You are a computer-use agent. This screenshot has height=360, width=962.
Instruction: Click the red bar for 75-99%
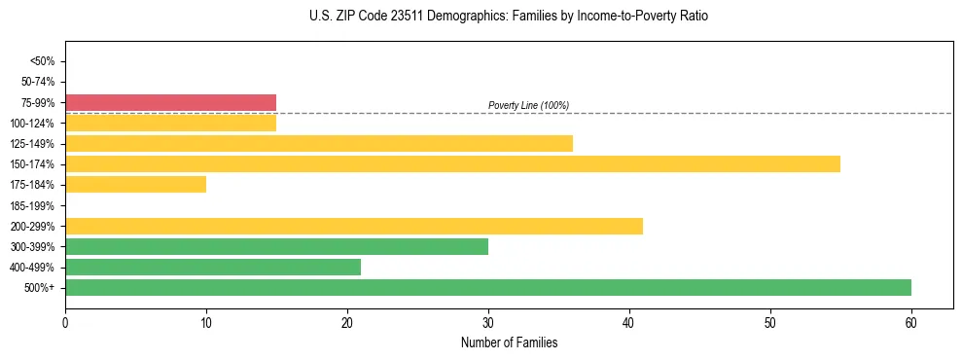tap(170, 102)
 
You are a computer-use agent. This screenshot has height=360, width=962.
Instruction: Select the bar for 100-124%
tap(170, 123)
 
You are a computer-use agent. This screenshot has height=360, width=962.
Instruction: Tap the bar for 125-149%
tap(318, 143)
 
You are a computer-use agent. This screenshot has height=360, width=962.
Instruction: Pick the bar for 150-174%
tap(452, 163)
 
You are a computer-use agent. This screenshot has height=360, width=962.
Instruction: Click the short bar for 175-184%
tap(135, 184)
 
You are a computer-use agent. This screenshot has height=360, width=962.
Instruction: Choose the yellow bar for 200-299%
tap(353, 226)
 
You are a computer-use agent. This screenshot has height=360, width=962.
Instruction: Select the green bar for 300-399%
tap(276, 246)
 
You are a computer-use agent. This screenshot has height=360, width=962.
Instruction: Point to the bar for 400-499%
tap(212, 267)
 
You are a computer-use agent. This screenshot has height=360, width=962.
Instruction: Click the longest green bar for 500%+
tap(487, 287)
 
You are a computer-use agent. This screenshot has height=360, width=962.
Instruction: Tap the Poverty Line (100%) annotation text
tap(528, 105)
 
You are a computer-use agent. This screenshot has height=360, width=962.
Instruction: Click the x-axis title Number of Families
tap(509, 342)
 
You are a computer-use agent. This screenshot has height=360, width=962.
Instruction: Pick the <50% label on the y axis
tap(43, 61)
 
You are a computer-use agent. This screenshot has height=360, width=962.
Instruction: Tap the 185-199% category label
tap(36, 205)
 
